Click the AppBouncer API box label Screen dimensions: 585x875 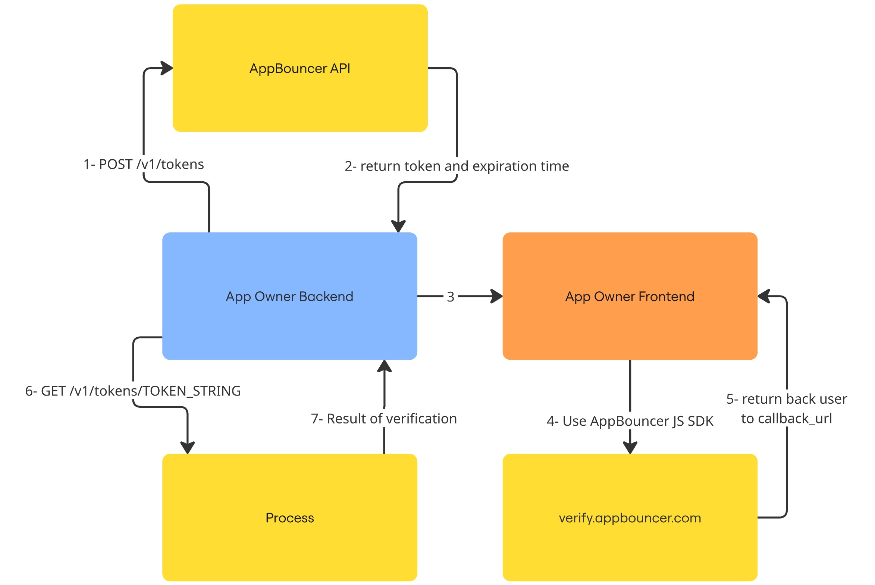coord(300,69)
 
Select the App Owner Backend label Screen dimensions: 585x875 coord(289,297)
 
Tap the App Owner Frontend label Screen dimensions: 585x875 coord(630,297)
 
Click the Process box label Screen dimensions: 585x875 coord(289,518)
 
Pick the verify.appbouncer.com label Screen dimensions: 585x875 coord(630,518)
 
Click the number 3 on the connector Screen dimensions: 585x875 coord(451,297)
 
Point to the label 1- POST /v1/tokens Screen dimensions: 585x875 coord(144,165)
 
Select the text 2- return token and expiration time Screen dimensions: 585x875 coord(457,166)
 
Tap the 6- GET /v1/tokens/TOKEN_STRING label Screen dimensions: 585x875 coord(133,391)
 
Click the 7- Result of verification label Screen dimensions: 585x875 coord(384,419)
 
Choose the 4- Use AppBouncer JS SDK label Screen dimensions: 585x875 coord(630,421)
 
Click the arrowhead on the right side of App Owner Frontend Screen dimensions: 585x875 coord(763,297)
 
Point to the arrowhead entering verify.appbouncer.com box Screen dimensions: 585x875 coord(630,448)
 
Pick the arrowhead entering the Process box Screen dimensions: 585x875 coord(188,448)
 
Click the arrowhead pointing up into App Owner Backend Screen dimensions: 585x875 coord(384,366)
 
